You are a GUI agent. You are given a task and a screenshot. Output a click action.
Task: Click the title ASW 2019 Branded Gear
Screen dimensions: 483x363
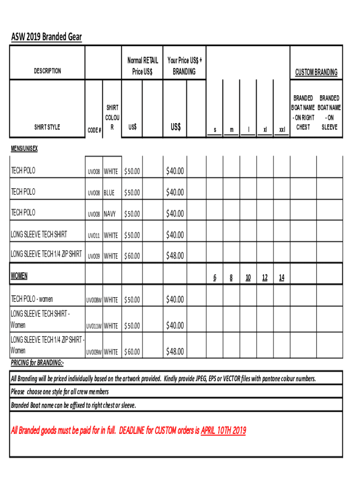pyautogui.click(x=46, y=37)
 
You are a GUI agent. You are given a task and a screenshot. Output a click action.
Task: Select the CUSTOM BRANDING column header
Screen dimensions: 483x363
pyautogui.click(x=316, y=72)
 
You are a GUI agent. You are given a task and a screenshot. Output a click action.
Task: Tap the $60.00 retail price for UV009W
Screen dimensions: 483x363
pyautogui.click(x=132, y=352)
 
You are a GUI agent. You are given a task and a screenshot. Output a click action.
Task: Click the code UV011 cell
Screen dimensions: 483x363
pyautogui.click(x=93, y=235)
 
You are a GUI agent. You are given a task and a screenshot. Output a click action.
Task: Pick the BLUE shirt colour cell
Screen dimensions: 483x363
pyautogui.click(x=109, y=193)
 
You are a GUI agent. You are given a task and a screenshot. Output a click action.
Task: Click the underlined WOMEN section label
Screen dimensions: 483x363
pyautogui.click(x=20, y=275)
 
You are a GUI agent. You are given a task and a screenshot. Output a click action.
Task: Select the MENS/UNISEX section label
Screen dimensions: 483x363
pyautogui.click(x=25, y=149)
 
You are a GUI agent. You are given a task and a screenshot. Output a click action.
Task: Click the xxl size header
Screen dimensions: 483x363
pyautogui.click(x=281, y=129)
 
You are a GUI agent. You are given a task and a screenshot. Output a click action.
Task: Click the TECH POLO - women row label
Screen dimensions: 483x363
pyautogui.click(x=32, y=299)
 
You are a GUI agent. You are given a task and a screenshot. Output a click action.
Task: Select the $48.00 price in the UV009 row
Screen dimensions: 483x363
pyautogui.click(x=174, y=256)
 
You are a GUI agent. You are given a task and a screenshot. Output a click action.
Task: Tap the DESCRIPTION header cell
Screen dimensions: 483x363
pyautogui.click(x=47, y=71)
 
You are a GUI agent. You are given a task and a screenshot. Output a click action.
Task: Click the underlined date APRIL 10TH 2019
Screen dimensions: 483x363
pyautogui.click(x=223, y=430)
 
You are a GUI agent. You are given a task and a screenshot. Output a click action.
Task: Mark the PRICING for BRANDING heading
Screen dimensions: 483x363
pyautogui.click(x=37, y=363)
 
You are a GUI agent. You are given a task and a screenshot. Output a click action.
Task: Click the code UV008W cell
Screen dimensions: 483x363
pyautogui.click(x=94, y=300)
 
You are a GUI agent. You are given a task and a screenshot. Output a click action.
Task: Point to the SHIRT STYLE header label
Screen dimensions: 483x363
pyautogui.click(x=47, y=127)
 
